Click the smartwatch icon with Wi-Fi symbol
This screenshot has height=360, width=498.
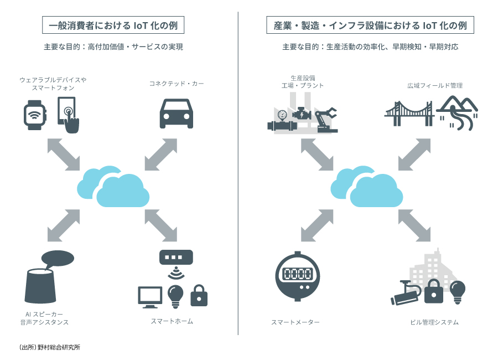(x=35, y=115)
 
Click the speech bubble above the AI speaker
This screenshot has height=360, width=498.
(x=58, y=257)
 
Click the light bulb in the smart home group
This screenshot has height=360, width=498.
(x=175, y=295)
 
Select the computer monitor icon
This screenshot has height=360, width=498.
(x=149, y=297)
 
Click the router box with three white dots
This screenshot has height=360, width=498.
(x=176, y=258)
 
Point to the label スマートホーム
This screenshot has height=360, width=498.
(x=172, y=321)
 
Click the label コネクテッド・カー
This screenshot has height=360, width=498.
(x=177, y=84)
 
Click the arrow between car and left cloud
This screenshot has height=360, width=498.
(x=161, y=153)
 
